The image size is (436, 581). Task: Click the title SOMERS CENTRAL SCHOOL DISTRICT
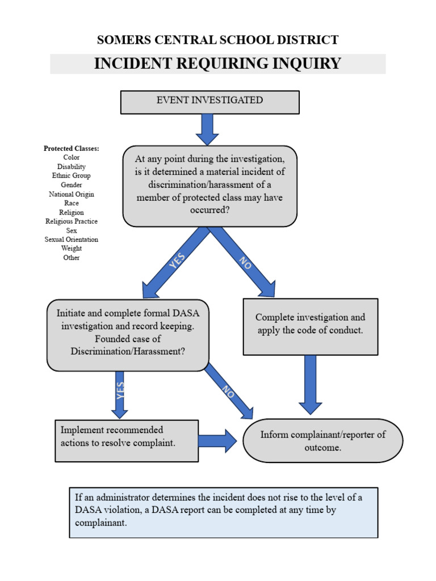[217, 40]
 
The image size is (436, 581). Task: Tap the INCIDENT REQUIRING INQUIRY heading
[217, 64]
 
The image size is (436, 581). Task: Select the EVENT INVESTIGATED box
[209, 101]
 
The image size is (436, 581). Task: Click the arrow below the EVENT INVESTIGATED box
[207, 129]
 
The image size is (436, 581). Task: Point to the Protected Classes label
[72, 149]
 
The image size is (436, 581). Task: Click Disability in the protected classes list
[72, 167]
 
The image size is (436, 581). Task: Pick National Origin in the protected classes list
[72, 194]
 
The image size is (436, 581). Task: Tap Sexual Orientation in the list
[72, 239]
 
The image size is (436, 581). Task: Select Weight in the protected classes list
[72, 249]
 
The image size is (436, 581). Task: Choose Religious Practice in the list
[72, 221]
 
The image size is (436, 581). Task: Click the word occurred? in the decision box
[209, 210]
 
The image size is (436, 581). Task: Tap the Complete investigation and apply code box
[310, 326]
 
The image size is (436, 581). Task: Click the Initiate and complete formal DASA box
[128, 335]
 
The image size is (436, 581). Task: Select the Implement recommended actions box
[127, 440]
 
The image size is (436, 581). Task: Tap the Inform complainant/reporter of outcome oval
[322, 441]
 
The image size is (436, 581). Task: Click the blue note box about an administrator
[223, 512]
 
